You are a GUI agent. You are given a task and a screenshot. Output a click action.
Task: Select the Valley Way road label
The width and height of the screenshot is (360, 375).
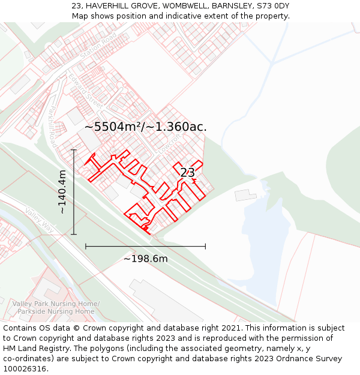pos(40,220)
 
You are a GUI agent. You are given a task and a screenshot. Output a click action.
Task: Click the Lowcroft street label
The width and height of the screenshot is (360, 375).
pos(171,142)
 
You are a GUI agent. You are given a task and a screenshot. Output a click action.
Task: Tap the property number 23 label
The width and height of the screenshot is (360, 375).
pos(187,173)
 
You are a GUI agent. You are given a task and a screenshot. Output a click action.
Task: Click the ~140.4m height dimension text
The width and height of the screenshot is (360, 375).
pos(62,192)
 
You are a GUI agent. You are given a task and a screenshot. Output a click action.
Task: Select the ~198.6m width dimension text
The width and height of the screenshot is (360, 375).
pos(145,259)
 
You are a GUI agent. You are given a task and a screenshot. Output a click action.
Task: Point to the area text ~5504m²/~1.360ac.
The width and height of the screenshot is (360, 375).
pos(146,127)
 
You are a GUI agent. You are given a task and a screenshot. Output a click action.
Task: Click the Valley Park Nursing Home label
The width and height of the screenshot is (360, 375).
pos(56,304)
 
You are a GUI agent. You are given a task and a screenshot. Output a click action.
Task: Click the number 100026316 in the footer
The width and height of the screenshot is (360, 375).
pos(25,369)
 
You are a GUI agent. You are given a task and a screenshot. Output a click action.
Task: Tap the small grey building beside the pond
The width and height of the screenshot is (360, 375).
pos(245,195)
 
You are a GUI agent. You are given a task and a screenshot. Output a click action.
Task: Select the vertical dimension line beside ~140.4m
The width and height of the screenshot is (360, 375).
pos(74,192)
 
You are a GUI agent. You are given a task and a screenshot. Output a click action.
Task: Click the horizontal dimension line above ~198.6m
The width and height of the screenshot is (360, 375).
pos(145,246)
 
